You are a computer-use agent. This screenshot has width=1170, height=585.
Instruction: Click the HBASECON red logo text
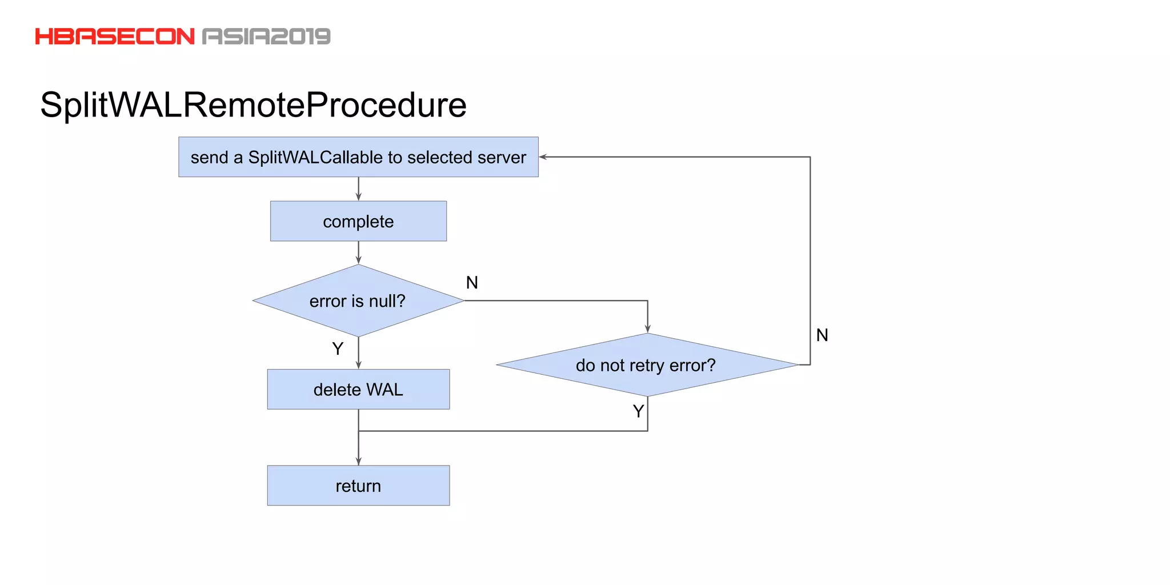point(114,37)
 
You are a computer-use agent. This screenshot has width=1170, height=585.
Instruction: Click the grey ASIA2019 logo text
point(266,37)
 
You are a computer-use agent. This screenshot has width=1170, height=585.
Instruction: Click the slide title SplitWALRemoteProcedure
point(253,105)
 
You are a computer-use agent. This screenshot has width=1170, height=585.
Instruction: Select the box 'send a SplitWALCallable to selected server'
point(358,157)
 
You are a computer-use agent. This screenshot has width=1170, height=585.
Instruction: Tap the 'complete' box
point(358,221)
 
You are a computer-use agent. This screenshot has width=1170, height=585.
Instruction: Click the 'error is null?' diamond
point(358,301)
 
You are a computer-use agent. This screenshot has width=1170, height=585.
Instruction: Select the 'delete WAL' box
point(358,390)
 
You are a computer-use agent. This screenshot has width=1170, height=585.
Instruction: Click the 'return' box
point(358,486)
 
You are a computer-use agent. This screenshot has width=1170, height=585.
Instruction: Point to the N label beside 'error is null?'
point(472,282)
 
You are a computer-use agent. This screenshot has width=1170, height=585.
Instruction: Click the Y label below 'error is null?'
point(338,348)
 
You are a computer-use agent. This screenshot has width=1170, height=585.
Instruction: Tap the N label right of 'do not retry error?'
point(822,335)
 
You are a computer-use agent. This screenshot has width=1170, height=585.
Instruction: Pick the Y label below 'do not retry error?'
point(638,411)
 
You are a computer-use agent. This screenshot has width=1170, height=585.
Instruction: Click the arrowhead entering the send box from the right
point(543,157)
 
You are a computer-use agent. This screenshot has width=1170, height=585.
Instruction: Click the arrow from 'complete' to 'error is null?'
point(358,253)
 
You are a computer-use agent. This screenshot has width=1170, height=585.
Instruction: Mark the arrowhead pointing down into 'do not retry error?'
point(647,328)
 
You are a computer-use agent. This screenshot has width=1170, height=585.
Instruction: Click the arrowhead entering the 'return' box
point(358,460)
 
